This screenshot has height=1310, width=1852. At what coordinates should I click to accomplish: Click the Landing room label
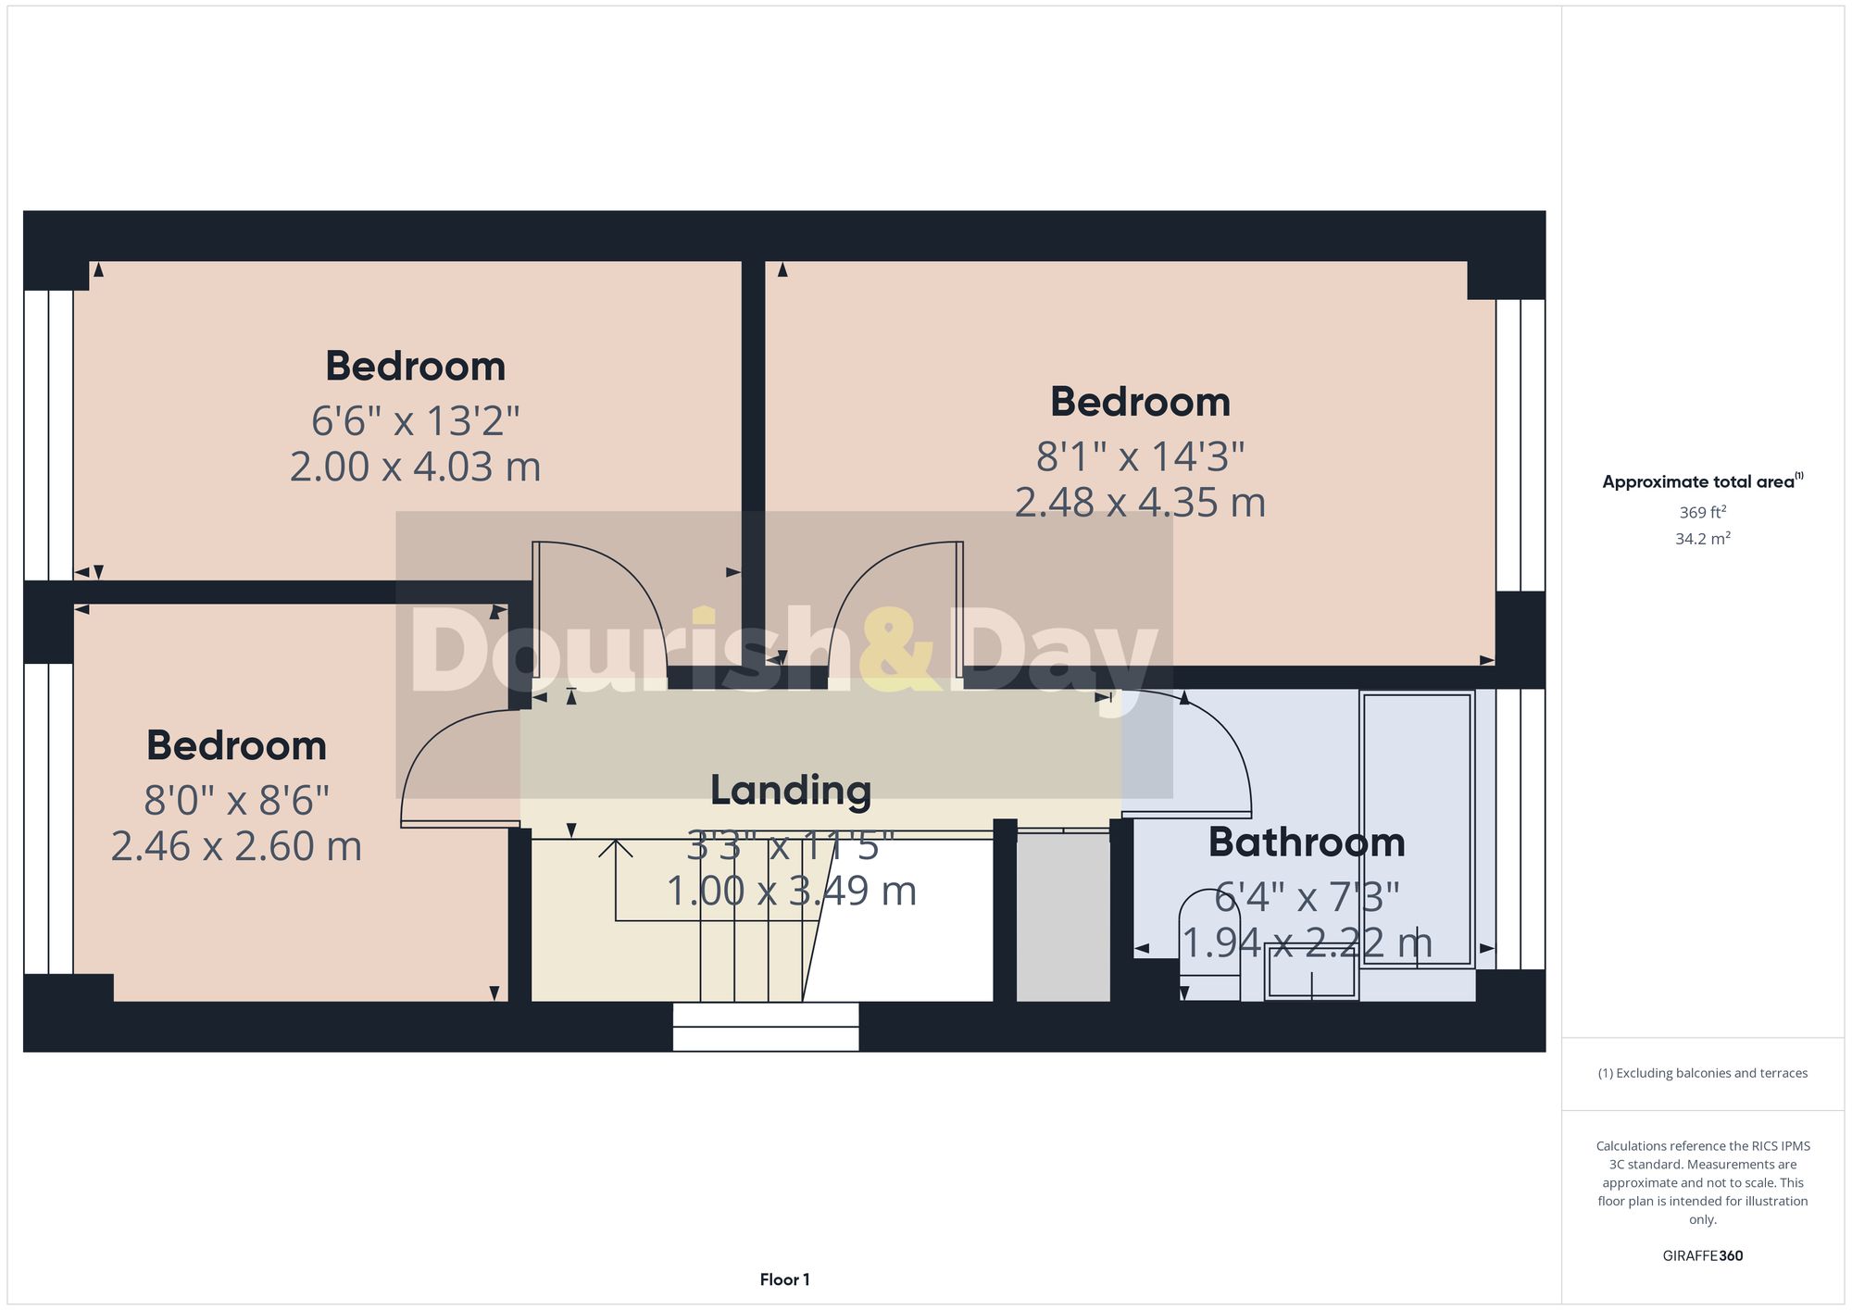791,790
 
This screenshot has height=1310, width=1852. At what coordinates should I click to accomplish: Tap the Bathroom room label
1307,842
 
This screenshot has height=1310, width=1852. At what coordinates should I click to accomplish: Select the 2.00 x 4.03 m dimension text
415,467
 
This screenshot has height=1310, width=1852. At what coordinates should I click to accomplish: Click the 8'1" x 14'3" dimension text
1140,456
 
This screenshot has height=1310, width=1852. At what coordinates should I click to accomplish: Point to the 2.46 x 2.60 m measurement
236,846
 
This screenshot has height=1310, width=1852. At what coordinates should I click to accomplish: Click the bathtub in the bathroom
1417,829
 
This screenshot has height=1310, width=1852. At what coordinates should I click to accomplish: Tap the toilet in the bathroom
1209,944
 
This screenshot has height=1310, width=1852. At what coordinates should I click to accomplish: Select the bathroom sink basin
1311,971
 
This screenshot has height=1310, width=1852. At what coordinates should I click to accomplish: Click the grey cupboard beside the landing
1063,917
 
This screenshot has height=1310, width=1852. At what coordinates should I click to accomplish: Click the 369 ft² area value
1702,512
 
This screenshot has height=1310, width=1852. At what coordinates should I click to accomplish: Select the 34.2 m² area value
1702,539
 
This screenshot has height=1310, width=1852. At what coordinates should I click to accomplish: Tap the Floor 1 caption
784,1279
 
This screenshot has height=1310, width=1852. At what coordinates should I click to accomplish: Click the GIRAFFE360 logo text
1702,1255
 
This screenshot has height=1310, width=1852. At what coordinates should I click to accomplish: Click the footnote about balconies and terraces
1702,1073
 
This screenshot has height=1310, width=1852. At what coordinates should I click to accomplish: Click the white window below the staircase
766,1027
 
